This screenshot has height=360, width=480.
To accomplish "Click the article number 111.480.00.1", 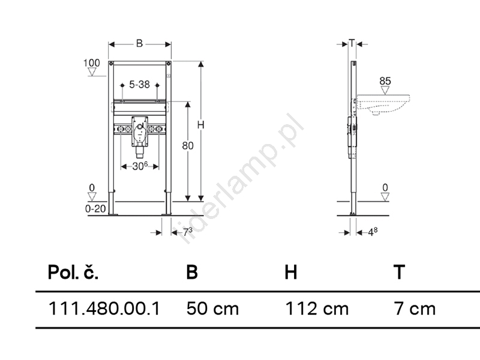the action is point(104,308).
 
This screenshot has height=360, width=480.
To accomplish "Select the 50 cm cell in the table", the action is point(212,308).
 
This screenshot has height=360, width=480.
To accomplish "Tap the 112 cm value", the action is point(317,308).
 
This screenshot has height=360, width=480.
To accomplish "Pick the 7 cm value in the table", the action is point(415,308).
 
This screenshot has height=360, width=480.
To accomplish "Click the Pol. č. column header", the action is point(73,271).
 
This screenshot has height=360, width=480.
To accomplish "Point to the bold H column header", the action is point(290,272).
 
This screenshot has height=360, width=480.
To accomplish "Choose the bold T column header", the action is point(399,272).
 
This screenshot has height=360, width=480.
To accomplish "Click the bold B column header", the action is point(192,272).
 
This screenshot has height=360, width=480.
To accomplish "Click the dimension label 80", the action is point(188,146).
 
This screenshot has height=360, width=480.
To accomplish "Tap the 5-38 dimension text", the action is point(139,84).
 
